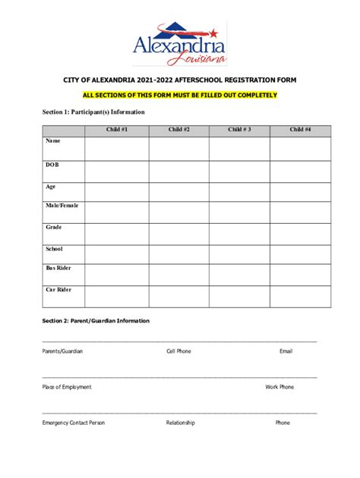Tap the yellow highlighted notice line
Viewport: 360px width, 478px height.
179,95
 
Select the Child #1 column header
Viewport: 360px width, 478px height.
117,130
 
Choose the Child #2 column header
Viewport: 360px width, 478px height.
178,130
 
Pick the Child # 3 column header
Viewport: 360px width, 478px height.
239,130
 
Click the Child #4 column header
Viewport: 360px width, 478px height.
300,130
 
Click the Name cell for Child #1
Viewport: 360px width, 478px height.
117,149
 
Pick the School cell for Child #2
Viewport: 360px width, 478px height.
178,253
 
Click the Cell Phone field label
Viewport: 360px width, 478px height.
178,351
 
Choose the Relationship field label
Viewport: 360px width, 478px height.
181,423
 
